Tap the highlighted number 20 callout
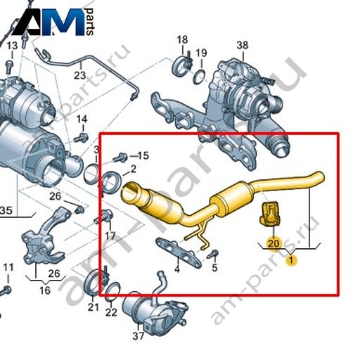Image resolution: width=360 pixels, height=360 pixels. pos(274,244)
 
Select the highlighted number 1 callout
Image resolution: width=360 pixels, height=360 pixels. pos(291,260)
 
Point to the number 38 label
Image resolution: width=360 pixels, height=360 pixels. pos(242,45)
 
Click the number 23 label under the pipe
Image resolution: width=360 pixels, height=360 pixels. pos(80,75)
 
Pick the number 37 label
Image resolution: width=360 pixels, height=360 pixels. pos(138,336)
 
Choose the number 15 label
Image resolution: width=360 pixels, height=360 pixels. pos(143,155)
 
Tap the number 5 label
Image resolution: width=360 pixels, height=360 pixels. pos(214,267)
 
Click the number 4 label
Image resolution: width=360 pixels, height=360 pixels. pos(177,269)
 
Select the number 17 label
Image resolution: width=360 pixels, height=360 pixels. pos(110,236)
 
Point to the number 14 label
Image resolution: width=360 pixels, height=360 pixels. pos(82,120)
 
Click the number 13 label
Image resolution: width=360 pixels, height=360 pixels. pos(12,46)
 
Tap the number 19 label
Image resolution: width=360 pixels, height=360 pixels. pos(201,53)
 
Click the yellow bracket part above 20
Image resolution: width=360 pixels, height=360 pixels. pos(269,214)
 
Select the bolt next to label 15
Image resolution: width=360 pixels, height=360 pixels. pos(120,157)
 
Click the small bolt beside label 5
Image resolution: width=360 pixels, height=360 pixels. pos(213,255)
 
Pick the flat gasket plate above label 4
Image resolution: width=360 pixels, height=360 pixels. pos(179,252)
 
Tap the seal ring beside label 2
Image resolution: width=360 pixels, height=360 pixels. pos(111,182)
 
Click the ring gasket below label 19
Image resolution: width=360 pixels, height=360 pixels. pos(199,77)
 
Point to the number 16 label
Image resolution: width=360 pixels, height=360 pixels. pos(45,290)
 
